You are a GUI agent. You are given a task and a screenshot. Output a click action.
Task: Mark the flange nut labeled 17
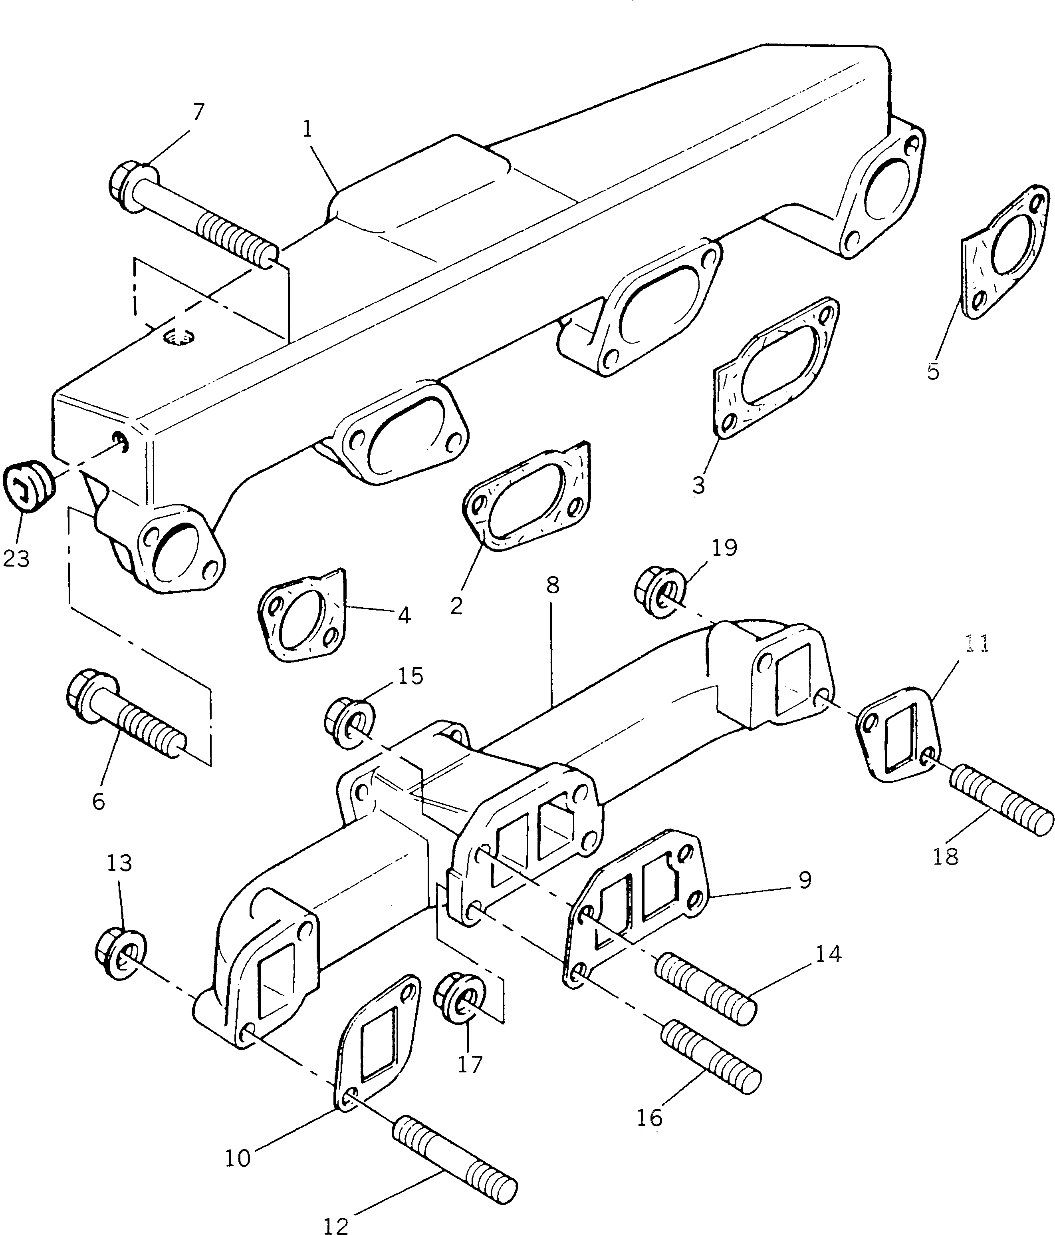[460, 998]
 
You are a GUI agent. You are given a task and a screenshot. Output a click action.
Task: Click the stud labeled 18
[999, 801]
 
